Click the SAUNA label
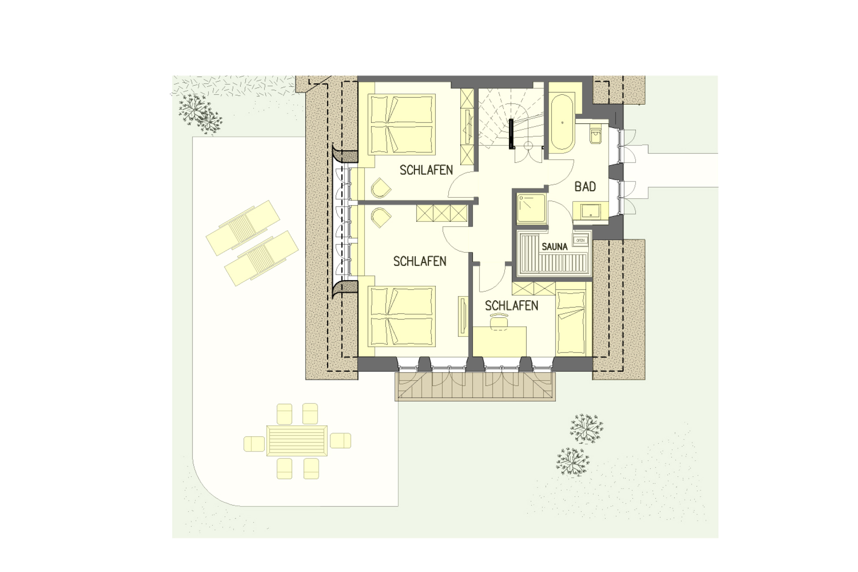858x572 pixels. (554, 247)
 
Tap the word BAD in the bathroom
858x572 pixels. (585, 187)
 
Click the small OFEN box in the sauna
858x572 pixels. (580, 240)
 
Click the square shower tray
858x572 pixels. (532, 209)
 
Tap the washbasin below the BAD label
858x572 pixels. (591, 211)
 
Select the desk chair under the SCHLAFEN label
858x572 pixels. (499, 321)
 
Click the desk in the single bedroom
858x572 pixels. (500, 341)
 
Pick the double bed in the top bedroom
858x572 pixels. (402, 124)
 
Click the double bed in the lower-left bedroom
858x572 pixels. (402, 316)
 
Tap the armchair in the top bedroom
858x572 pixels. (381, 188)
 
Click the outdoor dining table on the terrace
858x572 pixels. (297, 441)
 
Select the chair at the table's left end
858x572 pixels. (254, 444)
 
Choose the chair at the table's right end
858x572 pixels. (340, 441)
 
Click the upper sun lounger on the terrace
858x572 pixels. (243, 227)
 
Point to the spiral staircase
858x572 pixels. (511, 120)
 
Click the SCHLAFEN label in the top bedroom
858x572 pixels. (426, 170)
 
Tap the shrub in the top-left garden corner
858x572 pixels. (200, 114)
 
